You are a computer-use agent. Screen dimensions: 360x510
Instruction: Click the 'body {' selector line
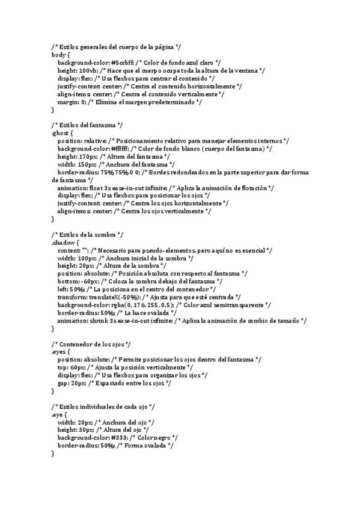click(x=61, y=54)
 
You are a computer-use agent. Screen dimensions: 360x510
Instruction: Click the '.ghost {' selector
click(x=63, y=132)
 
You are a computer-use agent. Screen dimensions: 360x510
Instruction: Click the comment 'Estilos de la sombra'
click(x=87, y=235)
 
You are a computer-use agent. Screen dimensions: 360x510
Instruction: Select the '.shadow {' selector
click(x=65, y=242)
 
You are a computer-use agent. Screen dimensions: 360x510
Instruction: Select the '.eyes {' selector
click(x=62, y=352)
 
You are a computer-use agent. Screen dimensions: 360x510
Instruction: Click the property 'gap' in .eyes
click(x=63, y=383)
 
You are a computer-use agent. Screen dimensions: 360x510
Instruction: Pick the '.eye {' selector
click(x=59, y=414)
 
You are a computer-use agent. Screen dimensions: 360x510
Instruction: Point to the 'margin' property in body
click(x=67, y=102)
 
